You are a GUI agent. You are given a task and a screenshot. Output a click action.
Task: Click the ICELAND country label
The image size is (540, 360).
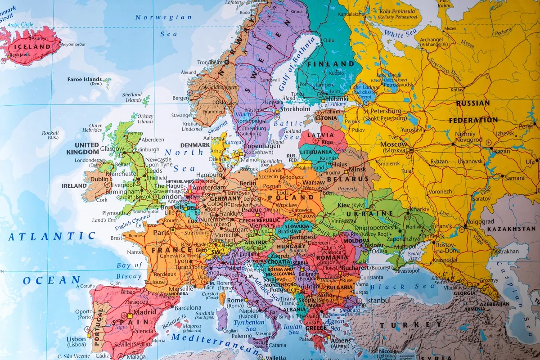(32, 46)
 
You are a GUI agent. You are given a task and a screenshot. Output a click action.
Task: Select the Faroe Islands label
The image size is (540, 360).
(85, 80)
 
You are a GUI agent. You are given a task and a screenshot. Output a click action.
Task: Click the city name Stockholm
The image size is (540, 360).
(295, 109)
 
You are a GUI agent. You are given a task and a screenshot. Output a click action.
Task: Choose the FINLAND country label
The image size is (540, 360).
(331, 63)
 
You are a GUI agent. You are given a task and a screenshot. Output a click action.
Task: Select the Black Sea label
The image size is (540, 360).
(403, 286)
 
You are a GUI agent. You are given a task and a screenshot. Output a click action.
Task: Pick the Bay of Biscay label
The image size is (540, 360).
(129, 270)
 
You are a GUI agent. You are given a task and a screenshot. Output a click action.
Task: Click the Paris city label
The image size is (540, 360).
(161, 233)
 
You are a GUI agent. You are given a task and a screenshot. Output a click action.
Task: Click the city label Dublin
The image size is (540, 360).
(100, 179)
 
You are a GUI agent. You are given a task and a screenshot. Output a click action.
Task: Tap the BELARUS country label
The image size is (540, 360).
(354, 179)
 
